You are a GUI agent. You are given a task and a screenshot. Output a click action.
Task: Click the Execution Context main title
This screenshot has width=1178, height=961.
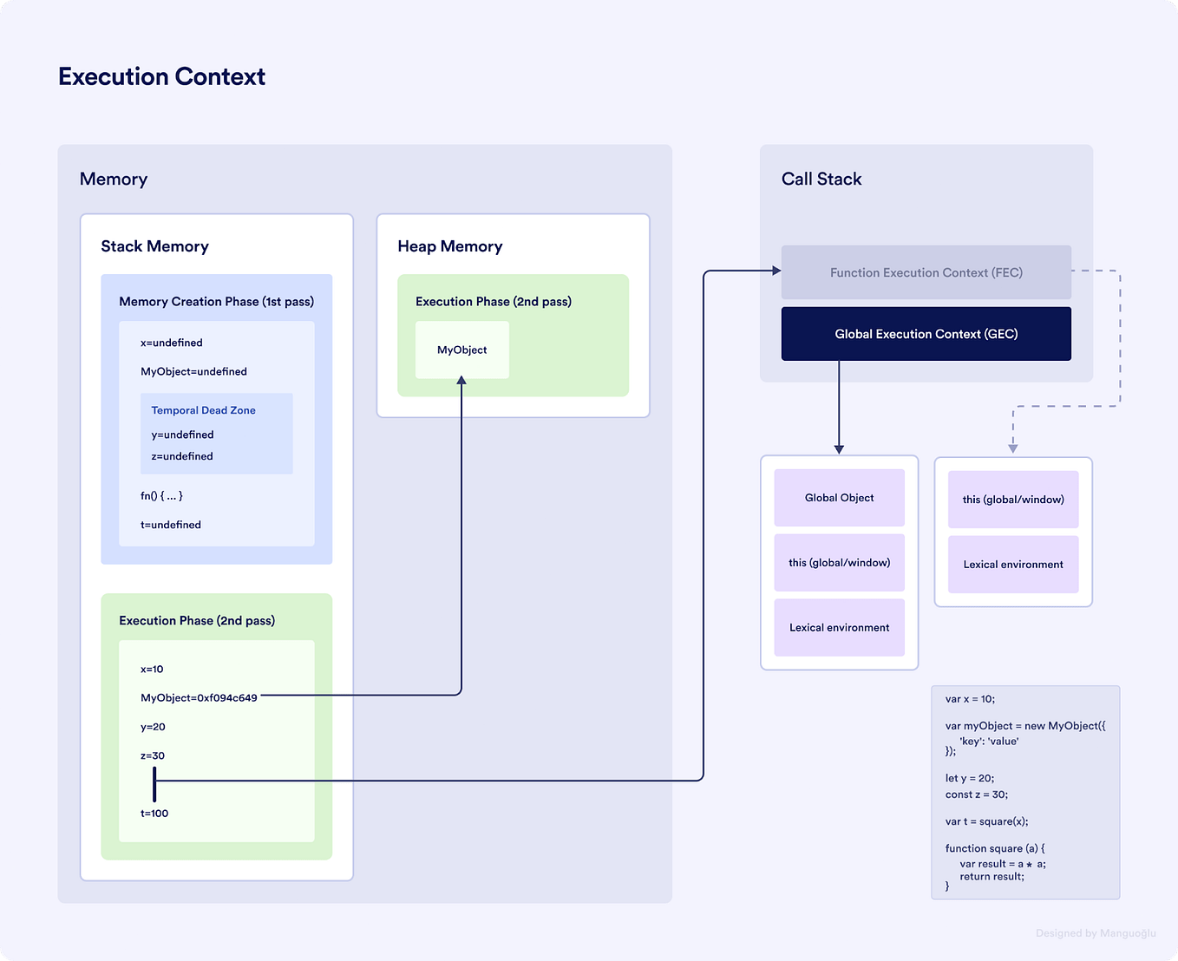click(x=161, y=76)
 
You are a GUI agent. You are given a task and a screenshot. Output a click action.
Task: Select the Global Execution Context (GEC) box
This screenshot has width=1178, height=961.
click(x=926, y=334)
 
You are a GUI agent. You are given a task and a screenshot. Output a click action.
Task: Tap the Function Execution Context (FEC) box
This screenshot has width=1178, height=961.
click(x=926, y=272)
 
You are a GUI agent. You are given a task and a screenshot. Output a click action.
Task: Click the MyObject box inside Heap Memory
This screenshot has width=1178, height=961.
click(x=461, y=350)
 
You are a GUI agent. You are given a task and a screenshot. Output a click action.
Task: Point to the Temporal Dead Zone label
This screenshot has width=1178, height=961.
click(x=203, y=410)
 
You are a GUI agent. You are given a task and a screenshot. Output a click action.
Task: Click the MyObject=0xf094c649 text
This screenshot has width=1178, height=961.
click(x=199, y=697)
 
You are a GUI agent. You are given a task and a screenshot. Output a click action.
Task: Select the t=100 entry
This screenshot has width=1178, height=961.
click(x=154, y=813)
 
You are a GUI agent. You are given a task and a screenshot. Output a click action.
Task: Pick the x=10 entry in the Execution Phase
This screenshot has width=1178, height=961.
click(x=152, y=669)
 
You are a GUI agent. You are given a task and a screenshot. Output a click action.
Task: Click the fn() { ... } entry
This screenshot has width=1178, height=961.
click(x=161, y=496)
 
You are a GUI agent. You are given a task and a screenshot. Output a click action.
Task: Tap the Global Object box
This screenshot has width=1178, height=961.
click(x=839, y=498)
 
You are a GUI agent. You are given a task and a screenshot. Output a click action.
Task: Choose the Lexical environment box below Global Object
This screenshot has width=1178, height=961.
click(x=839, y=627)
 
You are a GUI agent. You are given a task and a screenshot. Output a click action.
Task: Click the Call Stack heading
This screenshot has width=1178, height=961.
click(x=821, y=179)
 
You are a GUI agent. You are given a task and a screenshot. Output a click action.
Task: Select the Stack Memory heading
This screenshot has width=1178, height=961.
click(x=154, y=246)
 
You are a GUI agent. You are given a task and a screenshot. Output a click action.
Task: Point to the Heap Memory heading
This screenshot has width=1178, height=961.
click(x=449, y=246)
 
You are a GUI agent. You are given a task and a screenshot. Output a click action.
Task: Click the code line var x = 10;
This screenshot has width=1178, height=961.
click(x=970, y=698)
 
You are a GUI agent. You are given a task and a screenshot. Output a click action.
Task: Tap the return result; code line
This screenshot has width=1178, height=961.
click(x=991, y=876)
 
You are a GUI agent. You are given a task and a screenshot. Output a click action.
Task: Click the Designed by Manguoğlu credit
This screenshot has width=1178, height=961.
click(x=1095, y=933)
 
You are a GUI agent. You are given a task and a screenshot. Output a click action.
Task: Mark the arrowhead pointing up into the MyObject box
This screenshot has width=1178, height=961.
click(x=461, y=381)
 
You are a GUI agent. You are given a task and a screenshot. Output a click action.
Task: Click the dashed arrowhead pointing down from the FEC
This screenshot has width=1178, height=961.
click(x=1012, y=448)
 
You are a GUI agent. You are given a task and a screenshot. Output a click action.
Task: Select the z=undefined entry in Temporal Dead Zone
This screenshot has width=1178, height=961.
click(x=181, y=456)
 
